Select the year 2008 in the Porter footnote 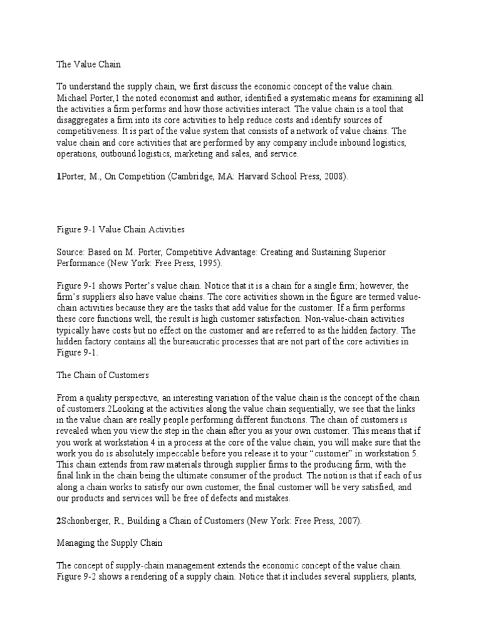[332, 177]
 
